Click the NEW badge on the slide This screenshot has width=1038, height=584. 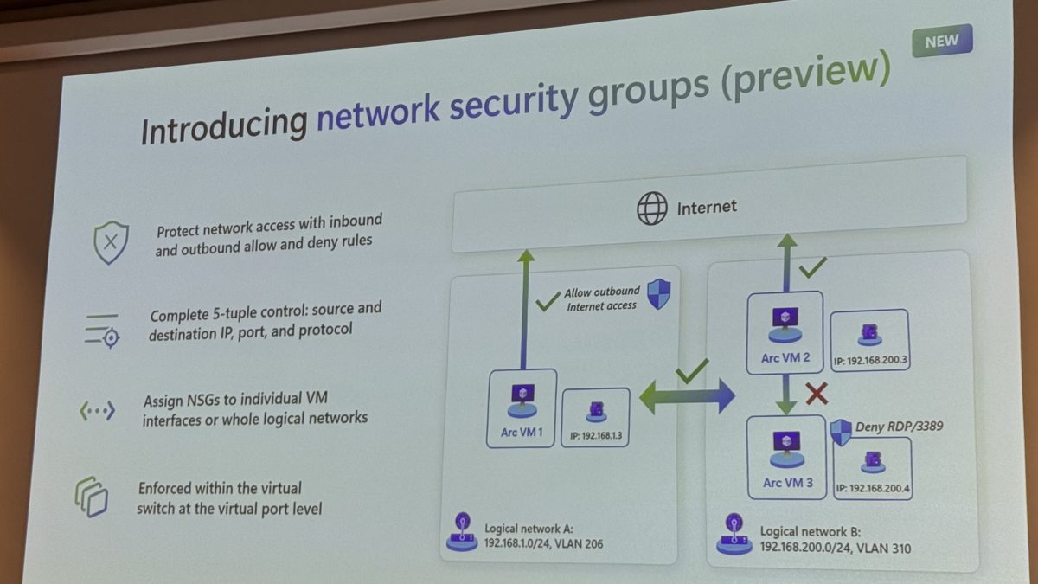[942, 41]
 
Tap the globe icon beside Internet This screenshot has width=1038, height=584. [652, 209]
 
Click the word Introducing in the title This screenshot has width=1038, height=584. [224, 126]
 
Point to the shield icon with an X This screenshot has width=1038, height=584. [111, 241]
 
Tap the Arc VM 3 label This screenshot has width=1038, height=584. [787, 483]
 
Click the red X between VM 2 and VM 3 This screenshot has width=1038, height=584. [816, 395]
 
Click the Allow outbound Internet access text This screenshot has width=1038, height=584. [602, 298]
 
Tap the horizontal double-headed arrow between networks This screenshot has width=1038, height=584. [687, 398]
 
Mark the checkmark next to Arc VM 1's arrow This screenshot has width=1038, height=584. [548, 302]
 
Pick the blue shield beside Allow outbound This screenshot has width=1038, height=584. [659, 294]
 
